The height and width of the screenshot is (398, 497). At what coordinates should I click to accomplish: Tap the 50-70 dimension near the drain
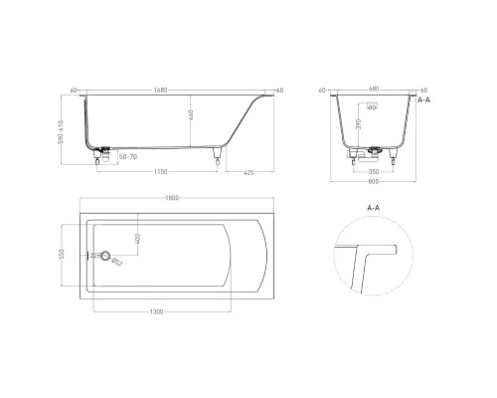coord(126,156)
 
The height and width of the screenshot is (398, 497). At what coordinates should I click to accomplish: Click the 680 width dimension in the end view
coord(372,90)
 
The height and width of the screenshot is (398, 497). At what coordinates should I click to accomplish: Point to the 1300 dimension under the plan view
coord(158,311)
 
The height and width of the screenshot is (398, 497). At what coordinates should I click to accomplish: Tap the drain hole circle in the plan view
coord(108,255)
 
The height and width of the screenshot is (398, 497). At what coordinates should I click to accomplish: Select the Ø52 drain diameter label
coord(117,263)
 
